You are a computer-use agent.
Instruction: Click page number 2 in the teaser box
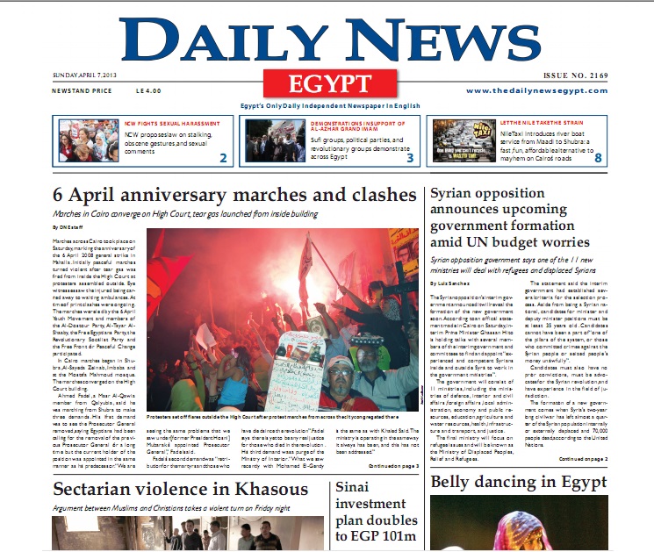coord(223,158)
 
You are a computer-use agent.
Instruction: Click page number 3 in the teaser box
coord(409,158)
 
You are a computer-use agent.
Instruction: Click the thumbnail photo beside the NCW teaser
coord(90,140)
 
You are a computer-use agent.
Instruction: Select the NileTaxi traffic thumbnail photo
coord(464,140)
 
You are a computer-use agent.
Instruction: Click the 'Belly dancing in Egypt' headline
coord(518,483)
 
